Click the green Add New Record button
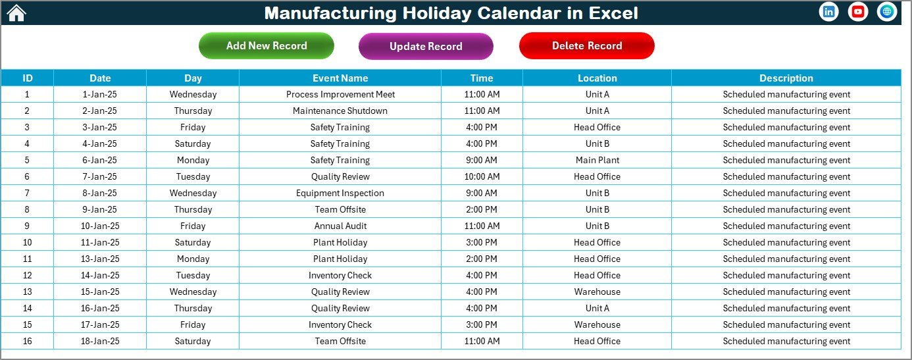pyautogui.click(x=266, y=46)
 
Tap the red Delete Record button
pyautogui.click(x=586, y=46)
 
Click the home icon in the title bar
pyautogui.click(x=16, y=13)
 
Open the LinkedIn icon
pyautogui.click(x=828, y=12)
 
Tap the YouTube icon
pyautogui.click(x=857, y=12)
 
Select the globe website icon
pyautogui.click(x=886, y=12)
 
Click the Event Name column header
pyautogui.click(x=340, y=78)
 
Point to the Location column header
pyautogui.click(x=597, y=78)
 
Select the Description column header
pyautogui.click(x=786, y=78)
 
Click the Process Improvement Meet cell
pyautogui.click(x=340, y=95)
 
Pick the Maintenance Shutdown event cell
pyautogui.click(x=340, y=111)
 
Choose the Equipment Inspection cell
pyautogui.click(x=340, y=193)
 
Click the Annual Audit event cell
pyautogui.click(x=340, y=226)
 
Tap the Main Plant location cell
pyautogui.click(x=597, y=161)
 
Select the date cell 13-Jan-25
pyautogui.click(x=100, y=259)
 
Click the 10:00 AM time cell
pyautogui.click(x=482, y=177)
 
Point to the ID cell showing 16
pyautogui.click(x=27, y=342)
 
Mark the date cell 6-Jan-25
pyautogui.click(x=100, y=161)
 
